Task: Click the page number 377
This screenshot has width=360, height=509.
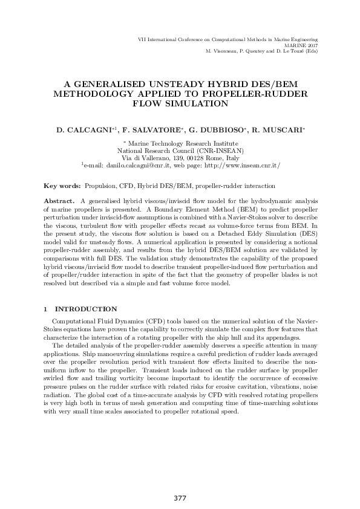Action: [180, 498]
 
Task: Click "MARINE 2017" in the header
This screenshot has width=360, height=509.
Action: [301, 45]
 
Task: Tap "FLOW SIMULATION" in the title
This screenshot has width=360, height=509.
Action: [180, 104]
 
